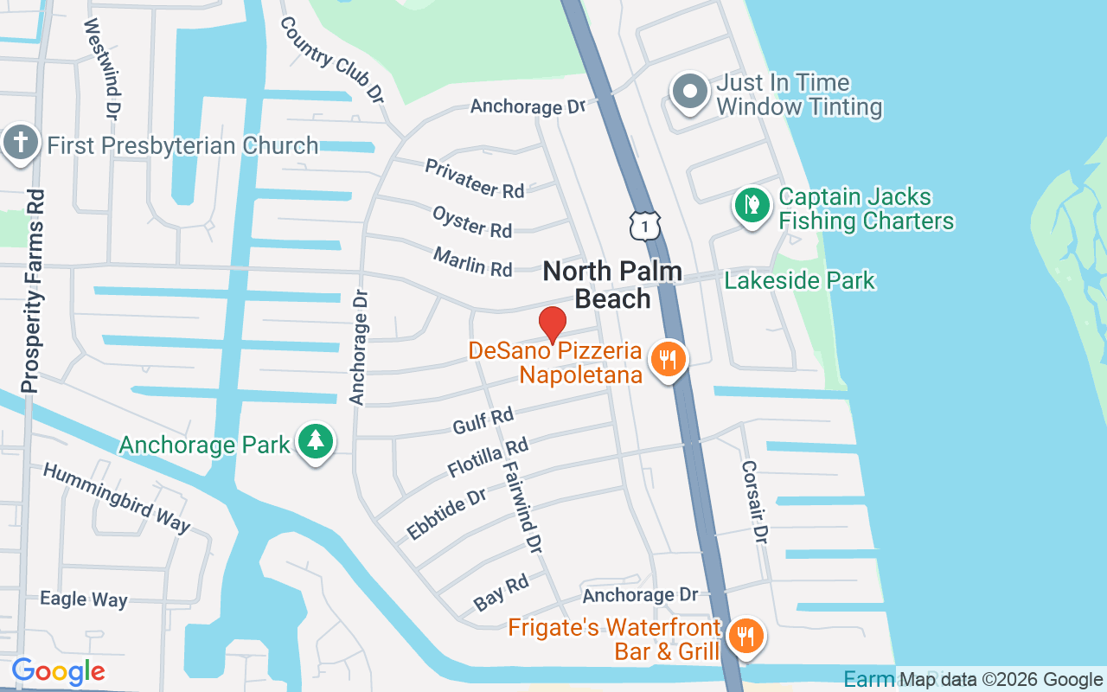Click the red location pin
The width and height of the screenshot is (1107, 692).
[x=553, y=325]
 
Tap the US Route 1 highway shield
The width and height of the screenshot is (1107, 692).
[x=645, y=225]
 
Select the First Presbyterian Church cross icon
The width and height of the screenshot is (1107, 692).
[x=20, y=144]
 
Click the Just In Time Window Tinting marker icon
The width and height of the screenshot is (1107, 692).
[x=690, y=92]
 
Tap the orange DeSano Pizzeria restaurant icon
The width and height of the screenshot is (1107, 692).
[x=667, y=358]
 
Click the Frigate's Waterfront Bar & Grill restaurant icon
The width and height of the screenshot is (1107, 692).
[x=744, y=636]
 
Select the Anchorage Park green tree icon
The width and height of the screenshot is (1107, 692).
[x=316, y=441]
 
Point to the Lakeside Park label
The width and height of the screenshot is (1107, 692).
[x=800, y=280]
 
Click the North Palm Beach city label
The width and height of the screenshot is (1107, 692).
[x=612, y=285]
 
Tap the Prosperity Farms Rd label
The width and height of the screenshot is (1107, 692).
[x=33, y=291]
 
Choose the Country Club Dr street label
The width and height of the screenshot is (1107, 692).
[x=331, y=59]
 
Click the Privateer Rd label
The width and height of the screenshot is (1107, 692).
[x=475, y=178]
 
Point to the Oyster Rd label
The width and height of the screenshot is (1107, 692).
[x=472, y=221]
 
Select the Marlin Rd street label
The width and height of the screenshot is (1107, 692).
[x=473, y=262]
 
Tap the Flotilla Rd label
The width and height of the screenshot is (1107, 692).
[x=488, y=458]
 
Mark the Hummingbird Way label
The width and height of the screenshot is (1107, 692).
[x=117, y=497]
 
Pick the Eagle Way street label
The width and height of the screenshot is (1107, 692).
[x=84, y=599]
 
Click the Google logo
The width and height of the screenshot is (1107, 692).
[x=58, y=671]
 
